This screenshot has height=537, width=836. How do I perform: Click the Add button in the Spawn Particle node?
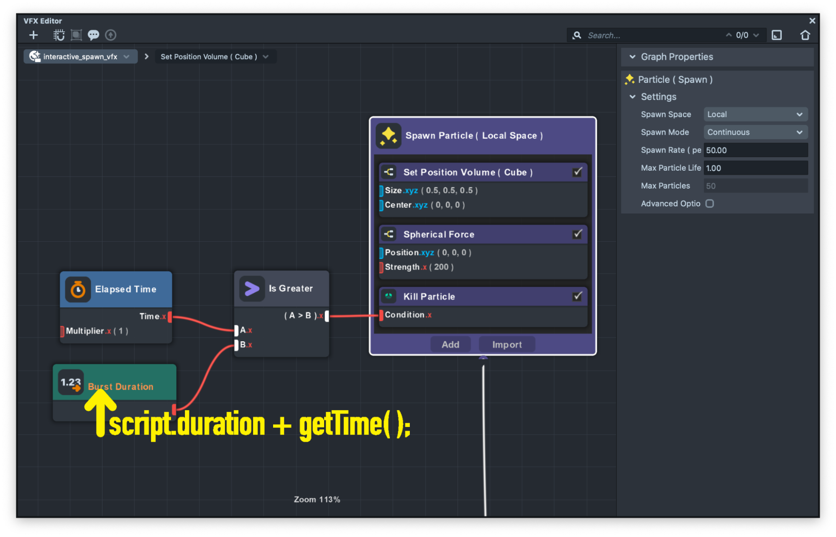(450, 344)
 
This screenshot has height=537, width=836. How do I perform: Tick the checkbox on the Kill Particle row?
(577, 296)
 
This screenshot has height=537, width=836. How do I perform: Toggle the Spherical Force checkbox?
(577, 234)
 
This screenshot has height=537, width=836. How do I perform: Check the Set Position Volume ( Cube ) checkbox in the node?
(577, 172)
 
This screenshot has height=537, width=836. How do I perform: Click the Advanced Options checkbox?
(710, 203)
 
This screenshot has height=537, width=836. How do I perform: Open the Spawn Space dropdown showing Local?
(755, 114)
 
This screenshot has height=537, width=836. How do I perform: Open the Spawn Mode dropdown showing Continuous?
(755, 132)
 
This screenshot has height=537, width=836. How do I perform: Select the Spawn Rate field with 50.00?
(755, 150)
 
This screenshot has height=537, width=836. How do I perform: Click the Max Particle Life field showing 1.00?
(755, 168)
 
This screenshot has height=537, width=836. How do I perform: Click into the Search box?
(652, 36)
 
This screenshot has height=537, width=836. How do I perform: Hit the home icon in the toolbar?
(805, 35)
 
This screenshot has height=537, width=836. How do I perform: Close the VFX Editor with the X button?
(812, 20)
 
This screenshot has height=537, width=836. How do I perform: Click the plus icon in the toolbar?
(33, 35)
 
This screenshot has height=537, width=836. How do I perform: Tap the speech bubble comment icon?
(93, 35)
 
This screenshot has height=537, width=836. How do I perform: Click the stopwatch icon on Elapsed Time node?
(78, 289)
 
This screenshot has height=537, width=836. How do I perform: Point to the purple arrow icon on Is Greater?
(252, 289)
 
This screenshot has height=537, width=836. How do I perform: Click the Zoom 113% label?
(317, 499)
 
